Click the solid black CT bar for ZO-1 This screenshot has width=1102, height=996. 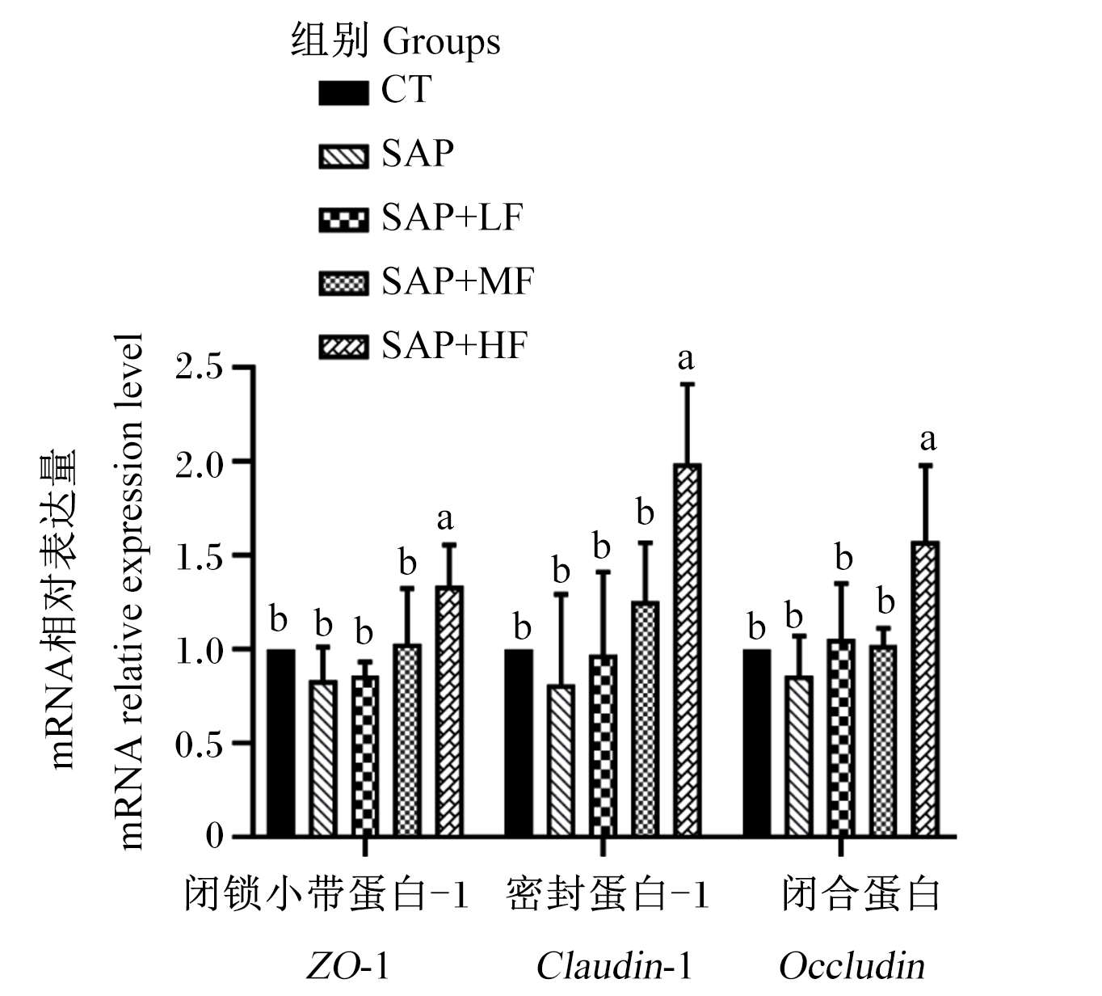280,743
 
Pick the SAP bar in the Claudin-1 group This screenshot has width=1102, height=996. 562,762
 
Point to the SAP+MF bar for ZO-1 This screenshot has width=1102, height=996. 408,741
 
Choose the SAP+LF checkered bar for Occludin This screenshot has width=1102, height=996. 841,738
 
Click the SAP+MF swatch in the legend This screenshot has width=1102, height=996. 343,283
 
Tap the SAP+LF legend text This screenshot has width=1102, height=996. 452,217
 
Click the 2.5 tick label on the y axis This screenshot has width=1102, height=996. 200,367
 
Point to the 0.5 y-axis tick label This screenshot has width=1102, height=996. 200,744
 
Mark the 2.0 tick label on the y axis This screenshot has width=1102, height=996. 200,462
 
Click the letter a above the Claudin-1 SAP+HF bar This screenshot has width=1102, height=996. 686,359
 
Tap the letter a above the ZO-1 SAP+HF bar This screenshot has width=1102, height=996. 445,519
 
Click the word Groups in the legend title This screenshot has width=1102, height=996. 442,42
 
